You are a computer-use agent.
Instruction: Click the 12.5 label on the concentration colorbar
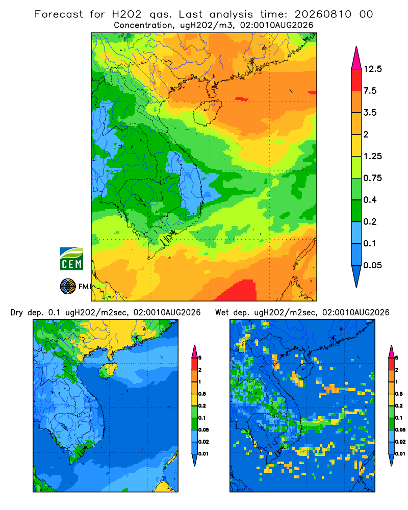click(372, 69)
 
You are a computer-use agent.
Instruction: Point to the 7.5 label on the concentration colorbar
click(370, 91)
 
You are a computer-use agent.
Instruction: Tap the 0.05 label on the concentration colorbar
click(372, 265)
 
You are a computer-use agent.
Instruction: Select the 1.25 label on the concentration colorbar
click(372, 157)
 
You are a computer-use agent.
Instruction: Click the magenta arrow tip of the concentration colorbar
click(356, 58)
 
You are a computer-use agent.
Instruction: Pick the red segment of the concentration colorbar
click(356, 80)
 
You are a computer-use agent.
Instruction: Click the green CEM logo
click(71, 259)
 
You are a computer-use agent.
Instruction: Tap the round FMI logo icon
click(68, 287)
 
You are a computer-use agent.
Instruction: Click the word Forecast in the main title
click(59, 14)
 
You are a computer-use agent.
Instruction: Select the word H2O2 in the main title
click(126, 14)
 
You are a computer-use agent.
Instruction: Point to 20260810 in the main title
click(323, 14)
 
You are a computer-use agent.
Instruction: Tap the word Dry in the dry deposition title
click(17, 313)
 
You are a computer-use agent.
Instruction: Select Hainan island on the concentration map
click(208, 112)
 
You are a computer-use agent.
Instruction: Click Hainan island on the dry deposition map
click(108, 370)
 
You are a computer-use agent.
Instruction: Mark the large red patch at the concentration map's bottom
click(238, 291)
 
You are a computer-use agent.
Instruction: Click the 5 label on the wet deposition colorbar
click(397, 358)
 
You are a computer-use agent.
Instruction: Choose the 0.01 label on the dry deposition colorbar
click(203, 454)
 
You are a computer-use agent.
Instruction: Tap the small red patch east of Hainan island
click(242, 98)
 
